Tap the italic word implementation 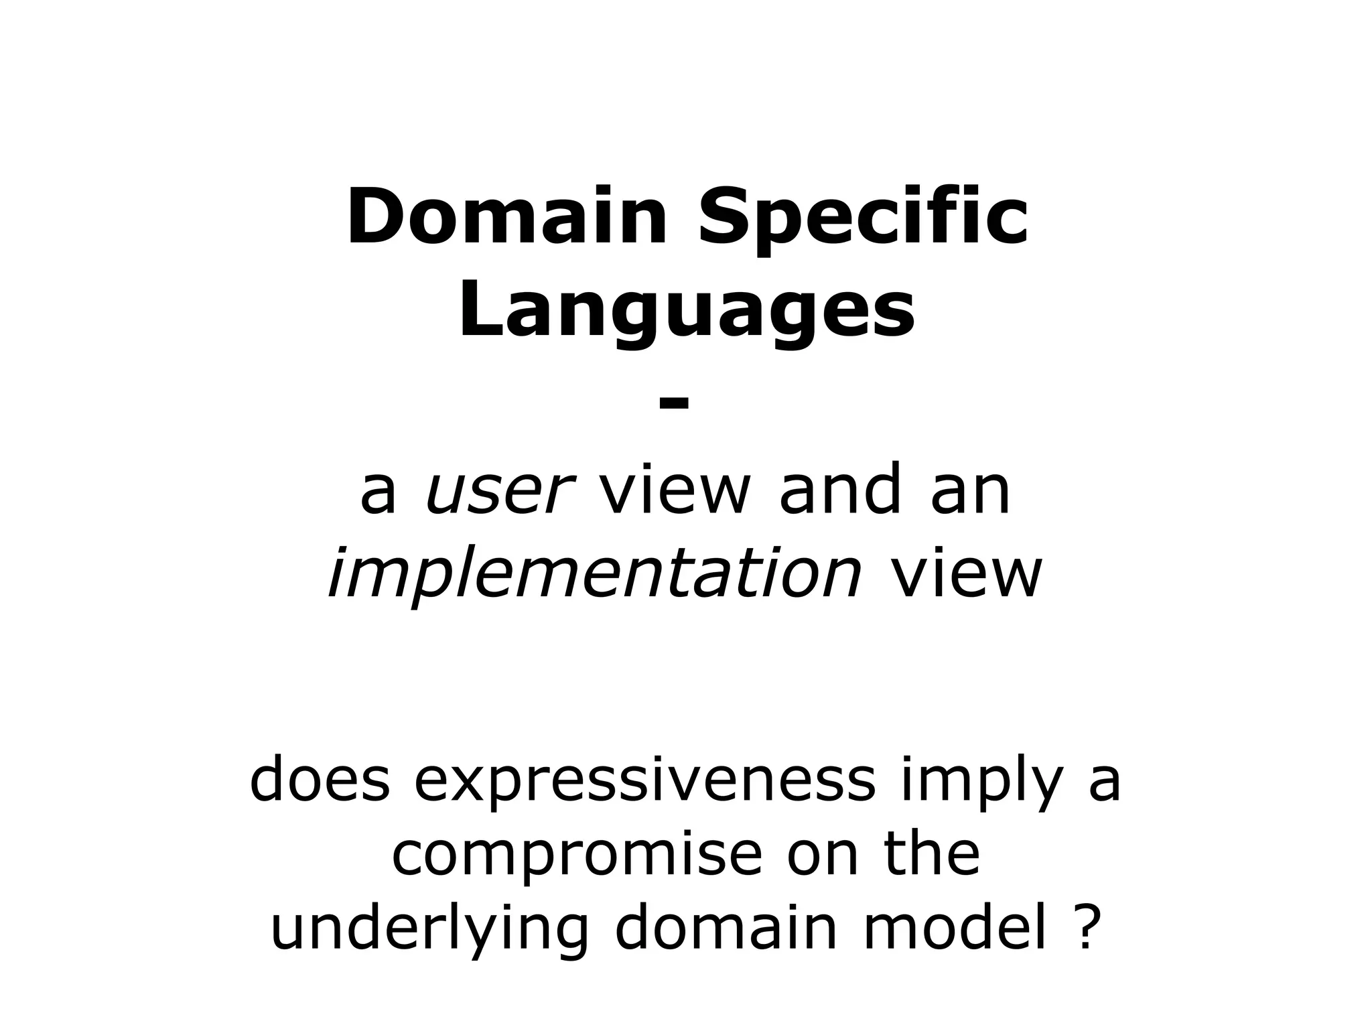[x=594, y=574]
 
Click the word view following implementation [x=965, y=574]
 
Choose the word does [x=320, y=780]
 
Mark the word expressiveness [x=644, y=780]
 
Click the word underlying [x=429, y=931]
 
